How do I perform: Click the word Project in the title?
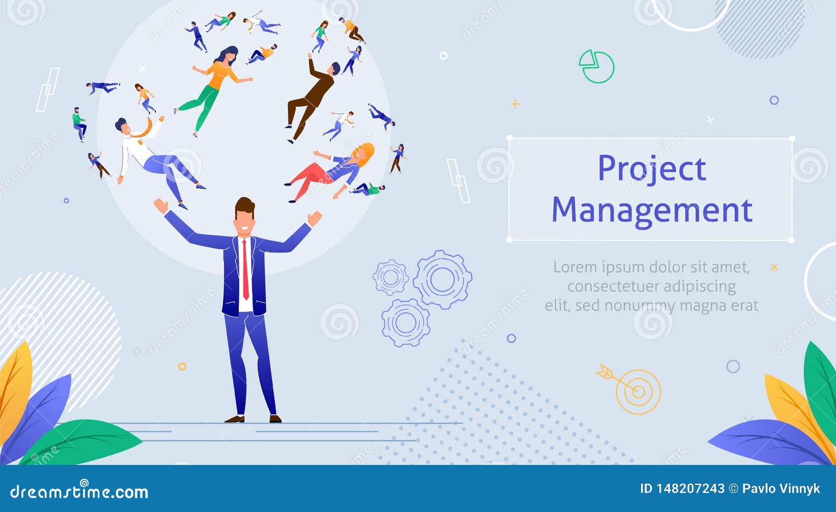(652, 169)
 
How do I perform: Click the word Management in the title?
(652, 211)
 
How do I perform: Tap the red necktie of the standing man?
(245, 269)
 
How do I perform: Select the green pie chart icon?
(596, 66)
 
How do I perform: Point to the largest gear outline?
(443, 279)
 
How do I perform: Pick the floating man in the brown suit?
(311, 97)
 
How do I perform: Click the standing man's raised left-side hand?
(160, 205)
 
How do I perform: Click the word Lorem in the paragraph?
(575, 267)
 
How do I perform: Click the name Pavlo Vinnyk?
(781, 488)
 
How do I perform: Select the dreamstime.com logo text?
(79, 492)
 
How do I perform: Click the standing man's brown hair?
(245, 205)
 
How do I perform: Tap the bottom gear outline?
(405, 323)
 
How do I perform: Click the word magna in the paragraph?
(707, 305)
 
